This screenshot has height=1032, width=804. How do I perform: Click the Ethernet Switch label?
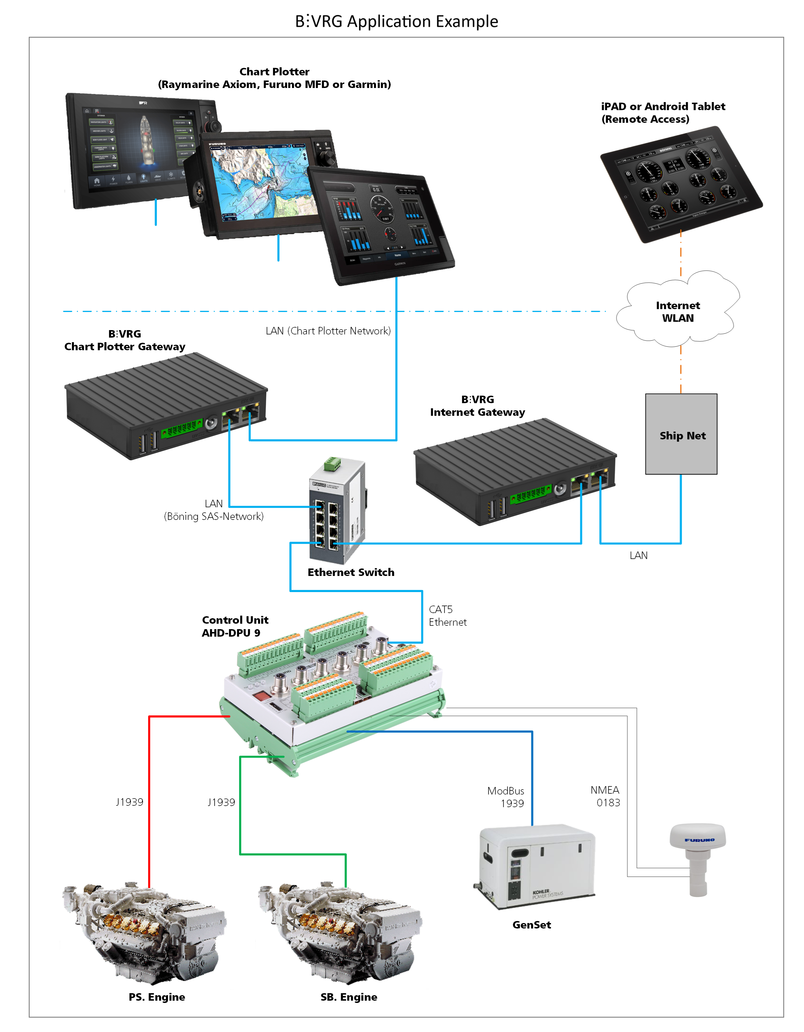351,572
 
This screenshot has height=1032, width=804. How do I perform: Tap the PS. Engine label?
157,997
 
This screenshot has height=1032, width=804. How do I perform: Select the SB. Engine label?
349,997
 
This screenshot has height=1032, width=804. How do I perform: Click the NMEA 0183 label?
606,796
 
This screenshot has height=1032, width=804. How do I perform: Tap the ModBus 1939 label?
506,797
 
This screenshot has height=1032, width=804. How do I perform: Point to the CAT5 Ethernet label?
447,616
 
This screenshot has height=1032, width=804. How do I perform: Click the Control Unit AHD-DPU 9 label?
235,626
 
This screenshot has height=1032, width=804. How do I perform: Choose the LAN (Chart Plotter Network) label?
328,331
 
